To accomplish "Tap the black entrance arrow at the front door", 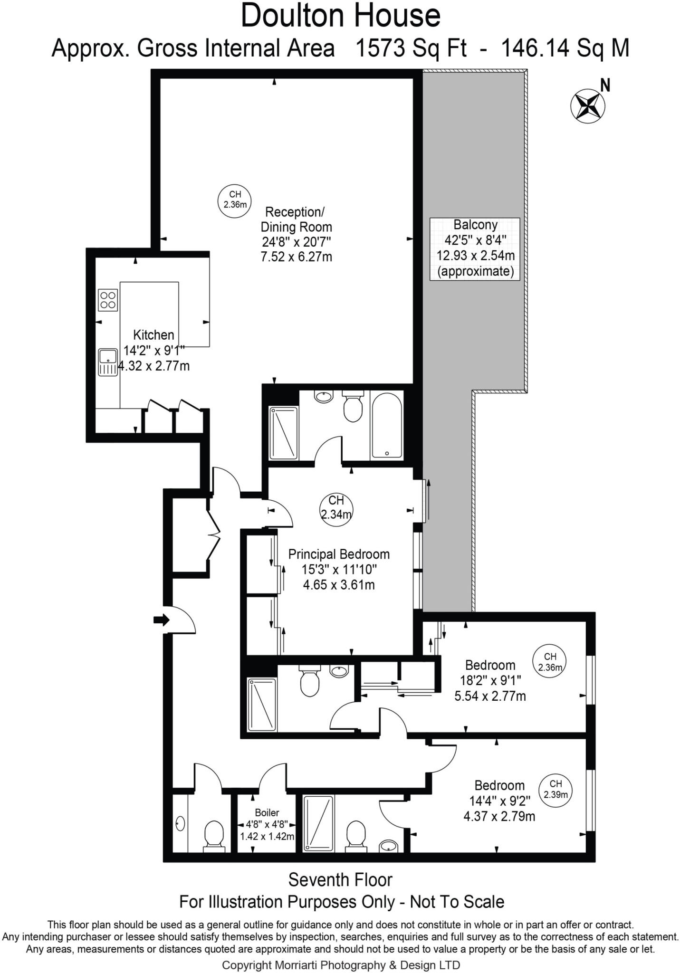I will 162,620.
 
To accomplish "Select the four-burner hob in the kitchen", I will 108,300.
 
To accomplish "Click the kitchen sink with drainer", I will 108,362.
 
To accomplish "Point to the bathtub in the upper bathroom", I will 386,425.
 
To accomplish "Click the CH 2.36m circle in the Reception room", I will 235,200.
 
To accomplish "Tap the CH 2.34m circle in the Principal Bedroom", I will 336,510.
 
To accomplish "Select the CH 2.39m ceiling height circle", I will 555,791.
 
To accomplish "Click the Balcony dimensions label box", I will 475,248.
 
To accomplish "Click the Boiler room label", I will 267,812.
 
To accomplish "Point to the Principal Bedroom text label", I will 339,554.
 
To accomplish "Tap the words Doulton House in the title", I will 340,15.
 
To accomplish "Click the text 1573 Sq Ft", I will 411,48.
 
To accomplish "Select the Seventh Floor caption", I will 340,880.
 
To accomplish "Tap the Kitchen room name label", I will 153,335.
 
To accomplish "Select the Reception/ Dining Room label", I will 296,219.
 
